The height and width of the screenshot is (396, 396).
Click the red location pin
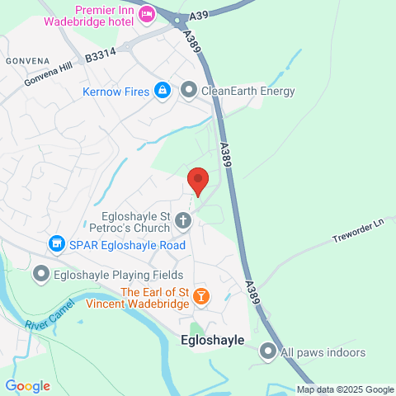pyautogui.click(x=197, y=179)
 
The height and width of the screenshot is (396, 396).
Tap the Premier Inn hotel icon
pyautogui.click(x=147, y=13)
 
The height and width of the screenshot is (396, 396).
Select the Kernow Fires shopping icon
pyautogui.click(x=163, y=90)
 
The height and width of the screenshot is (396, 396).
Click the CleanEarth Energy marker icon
pyautogui.click(x=189, y=90)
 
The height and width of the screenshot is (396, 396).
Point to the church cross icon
pyautogui.click(x=183, y=220)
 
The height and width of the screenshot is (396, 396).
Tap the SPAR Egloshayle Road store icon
pyautogui.click(x=56, y=243)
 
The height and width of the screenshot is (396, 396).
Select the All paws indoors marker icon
pyautogui.click(x=267, y=352)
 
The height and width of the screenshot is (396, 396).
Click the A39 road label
pyautogui.click(x=197, y=16)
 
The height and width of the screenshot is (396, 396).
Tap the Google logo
pyautogui.click(x=27, y=386)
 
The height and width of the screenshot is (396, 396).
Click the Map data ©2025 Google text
pyautogui.click(x=346, y=390)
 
